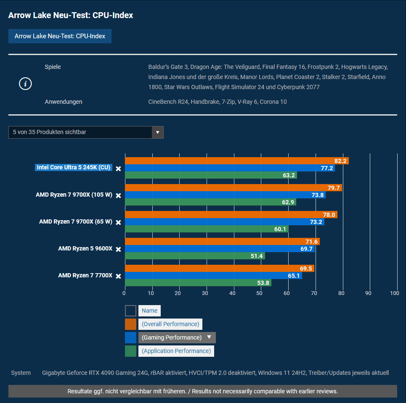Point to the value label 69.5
coord(306,269)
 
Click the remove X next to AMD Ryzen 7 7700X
coord(119,276)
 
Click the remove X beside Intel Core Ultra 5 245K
coord(119,169)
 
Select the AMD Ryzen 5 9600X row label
coord(85,248)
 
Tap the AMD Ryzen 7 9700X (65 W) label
coord(75,221)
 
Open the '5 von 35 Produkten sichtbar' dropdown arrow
coord(158,132)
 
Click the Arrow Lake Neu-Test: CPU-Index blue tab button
coord(60,36)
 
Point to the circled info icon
coord(25,84)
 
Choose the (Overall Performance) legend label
coord(170,324)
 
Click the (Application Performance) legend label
coord(176,351)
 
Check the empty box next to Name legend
coord(130,311)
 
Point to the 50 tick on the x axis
coord(260,293)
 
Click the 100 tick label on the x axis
coord(394,293)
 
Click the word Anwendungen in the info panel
coord(64,102)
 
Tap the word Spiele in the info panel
coord(53,67)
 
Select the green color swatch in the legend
coord(130,351)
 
